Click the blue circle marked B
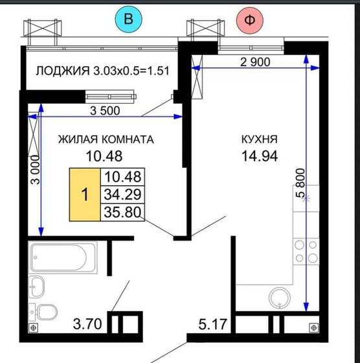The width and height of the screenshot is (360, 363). point(128,19)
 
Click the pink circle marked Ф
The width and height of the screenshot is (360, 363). point(250,19)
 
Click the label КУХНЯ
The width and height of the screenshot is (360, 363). point(259,139)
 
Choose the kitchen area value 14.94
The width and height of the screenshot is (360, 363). point(259,156)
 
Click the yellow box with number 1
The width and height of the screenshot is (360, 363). point(84,194)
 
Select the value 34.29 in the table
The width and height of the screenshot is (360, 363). point(122,194)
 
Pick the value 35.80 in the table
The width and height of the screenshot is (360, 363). point(122,211)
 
